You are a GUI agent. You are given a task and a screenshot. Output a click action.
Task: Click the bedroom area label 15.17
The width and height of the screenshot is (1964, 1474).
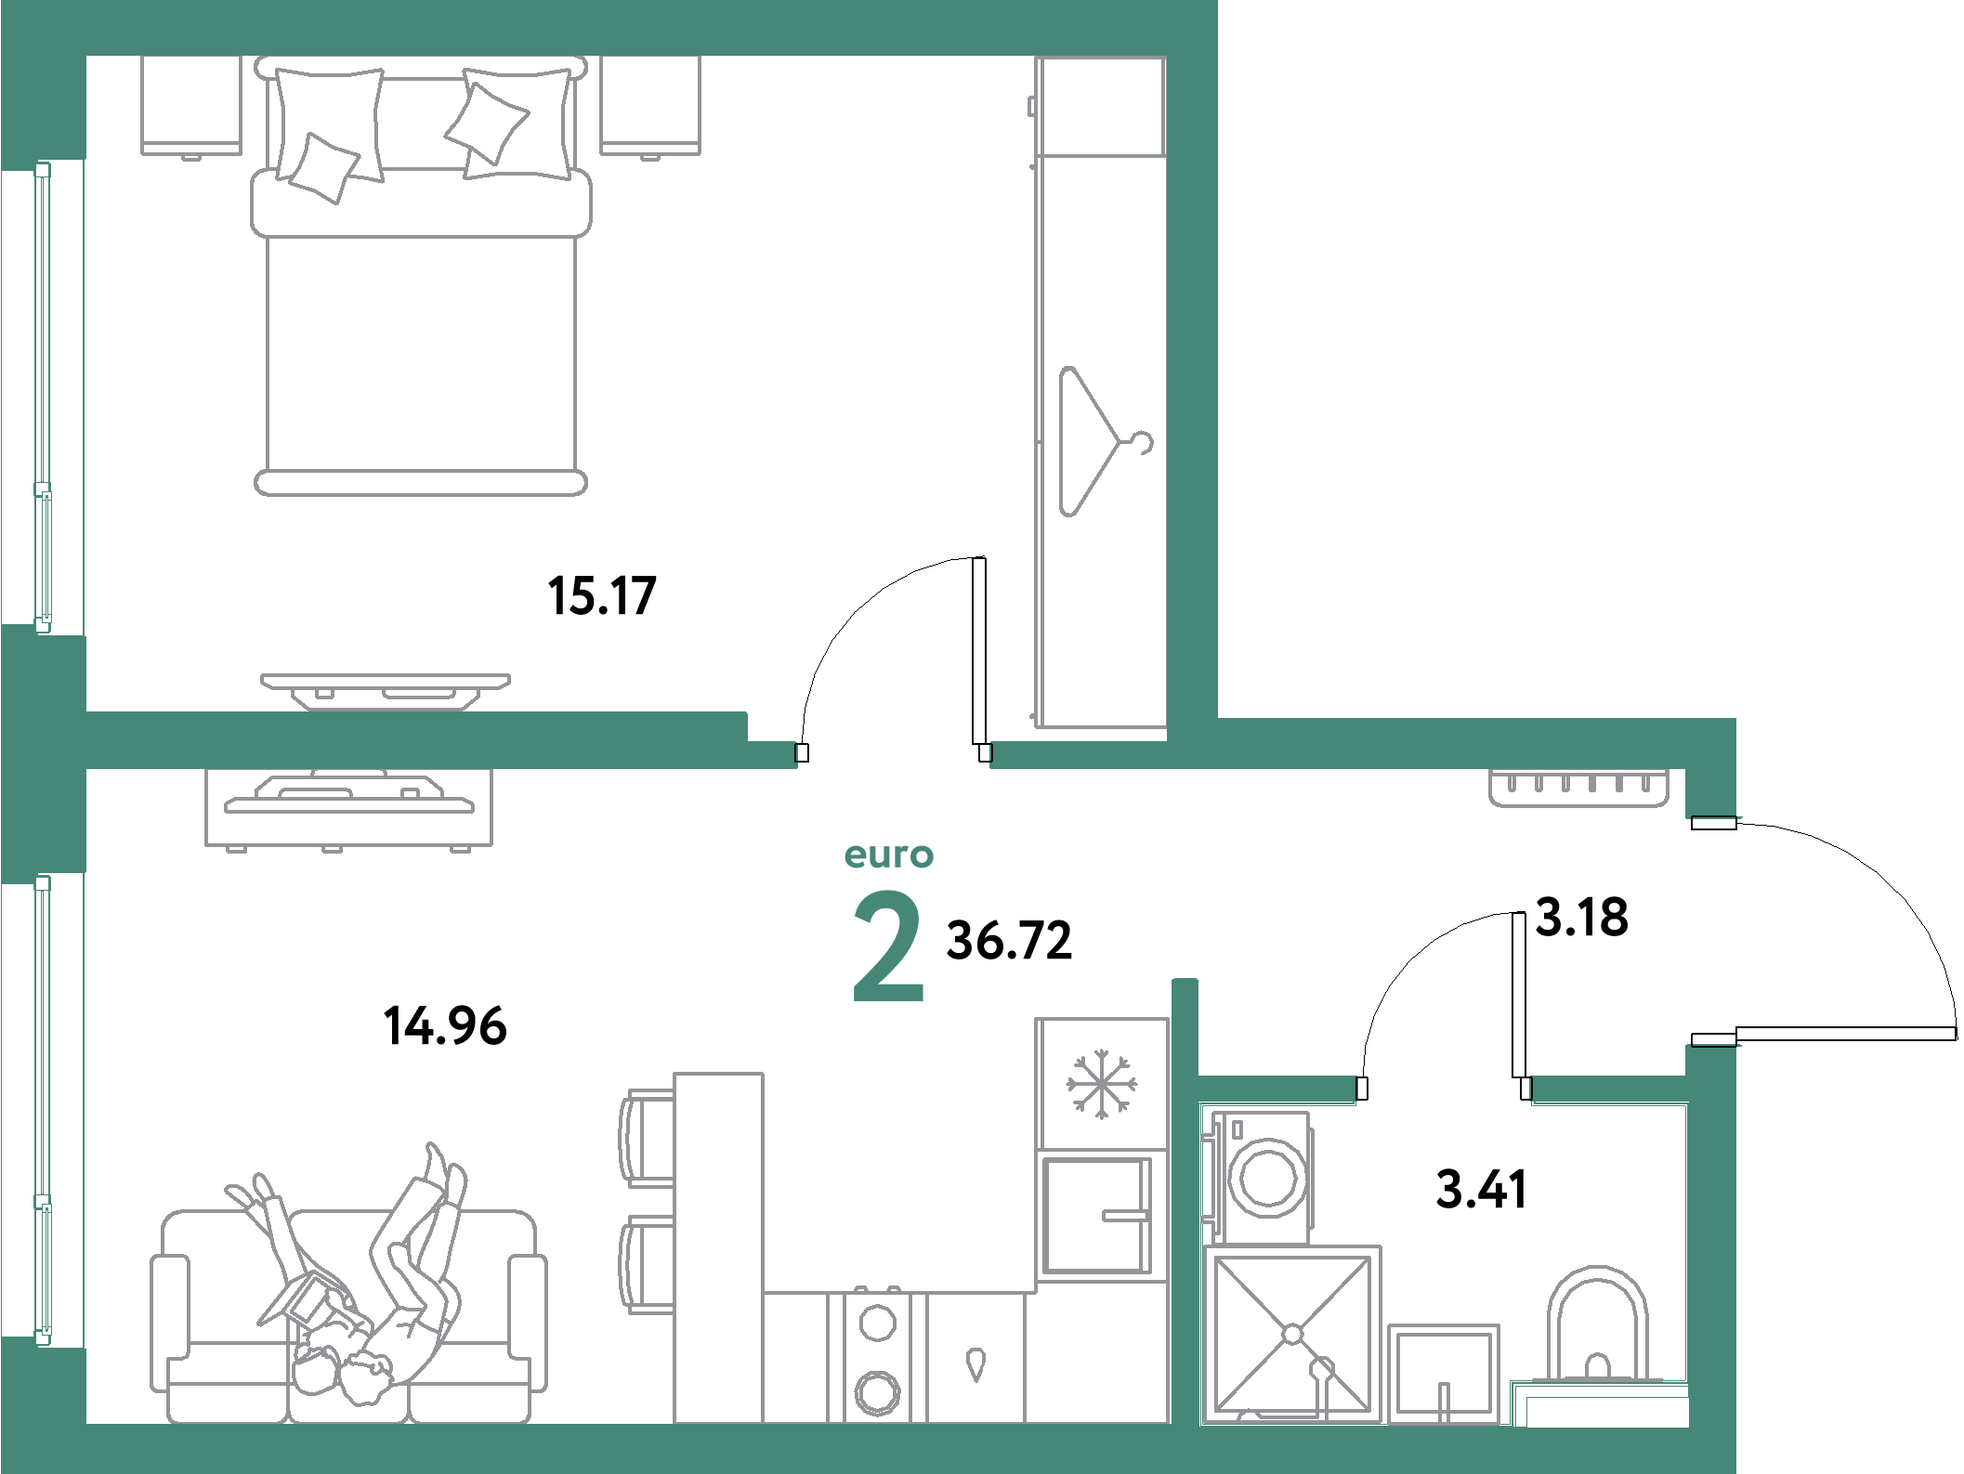pyautogui.click(x=602, y=596)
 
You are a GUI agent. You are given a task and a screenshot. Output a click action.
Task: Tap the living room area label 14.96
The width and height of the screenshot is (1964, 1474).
pyautogui.click(x=445, y=1026)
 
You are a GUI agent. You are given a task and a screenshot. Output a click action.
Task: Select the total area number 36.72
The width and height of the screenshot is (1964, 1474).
pyautogui.click(x=1009, y=940)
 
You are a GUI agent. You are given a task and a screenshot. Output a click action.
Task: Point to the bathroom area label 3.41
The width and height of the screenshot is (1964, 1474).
pyautogui.click(x=1481, y=1190)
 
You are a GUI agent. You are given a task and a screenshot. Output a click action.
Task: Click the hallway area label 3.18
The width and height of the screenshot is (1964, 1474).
pyautogui.click(x=1582, y=917)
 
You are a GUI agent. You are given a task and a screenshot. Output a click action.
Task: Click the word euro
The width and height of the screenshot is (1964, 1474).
pyautogui.click(x=889, y=855)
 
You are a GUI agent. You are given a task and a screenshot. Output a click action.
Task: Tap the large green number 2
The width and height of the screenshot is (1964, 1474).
pyautogui.click(x=888, y=946)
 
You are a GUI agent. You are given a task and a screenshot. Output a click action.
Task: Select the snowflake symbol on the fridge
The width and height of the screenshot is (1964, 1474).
pyautogui.click(x=1102, y=1084)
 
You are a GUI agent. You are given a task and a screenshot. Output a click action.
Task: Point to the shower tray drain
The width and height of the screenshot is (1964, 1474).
pyautogui.click(x=1292, y=1335)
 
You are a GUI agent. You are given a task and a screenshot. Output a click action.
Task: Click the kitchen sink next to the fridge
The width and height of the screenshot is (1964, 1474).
pyautogui.click(x=1097, y=1216)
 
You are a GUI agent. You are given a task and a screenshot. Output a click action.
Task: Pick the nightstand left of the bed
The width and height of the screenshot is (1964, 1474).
pyautogui.click(x=191, y=105)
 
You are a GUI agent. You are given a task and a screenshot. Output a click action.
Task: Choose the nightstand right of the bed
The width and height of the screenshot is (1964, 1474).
pyautogui.click(x=650, y=105)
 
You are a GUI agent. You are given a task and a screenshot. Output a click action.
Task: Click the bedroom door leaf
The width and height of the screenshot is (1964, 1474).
pyautogui.click(x=978, y=651)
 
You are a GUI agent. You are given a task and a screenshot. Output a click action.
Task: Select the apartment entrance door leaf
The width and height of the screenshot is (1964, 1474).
pyautogui.click(x=1846, y=1034)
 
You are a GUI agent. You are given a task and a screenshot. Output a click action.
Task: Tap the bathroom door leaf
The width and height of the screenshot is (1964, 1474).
pyautogui.click(x=1519, y=995)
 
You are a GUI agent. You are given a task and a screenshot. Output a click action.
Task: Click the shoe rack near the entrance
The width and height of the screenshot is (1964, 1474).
pyautogui.click(x=1579, y=788)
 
